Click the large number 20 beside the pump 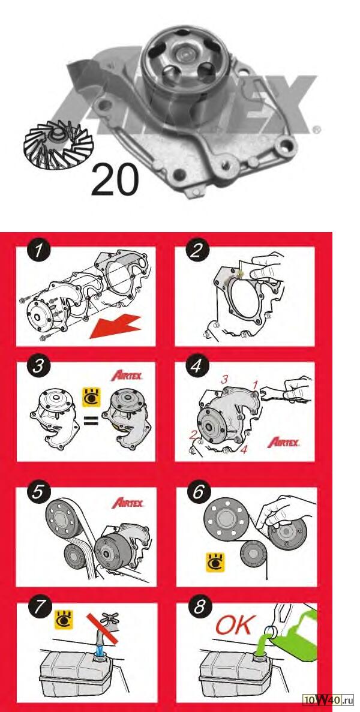click(x=115, y=181)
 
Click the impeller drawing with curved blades click(x=58, y=143)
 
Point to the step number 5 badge click(x=37, y=492)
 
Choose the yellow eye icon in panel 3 click(x=91, y=397)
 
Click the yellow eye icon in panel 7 click(x=64, y=620)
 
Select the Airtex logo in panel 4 click(x=283, y=442)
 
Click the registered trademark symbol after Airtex click(x=317, y=130)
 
